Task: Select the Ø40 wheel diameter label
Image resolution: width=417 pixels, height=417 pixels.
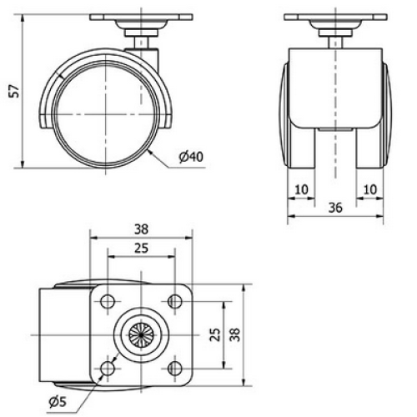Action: pyautogui.click(x=191, y=156)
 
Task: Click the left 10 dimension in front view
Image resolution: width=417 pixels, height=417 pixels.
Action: pyautogui.click(x=301, y=190)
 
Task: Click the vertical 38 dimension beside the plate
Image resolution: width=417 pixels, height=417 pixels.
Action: pyautogui.click(x=236, y=334)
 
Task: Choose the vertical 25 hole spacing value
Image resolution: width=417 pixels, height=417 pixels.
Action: pyautogui.click(x=215, y=334)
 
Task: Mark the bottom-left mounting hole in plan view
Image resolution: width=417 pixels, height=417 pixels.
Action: pyautogui.click(x=108, y=366)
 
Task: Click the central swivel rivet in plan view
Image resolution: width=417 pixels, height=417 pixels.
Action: pyautogui.click(x=140, y=334)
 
